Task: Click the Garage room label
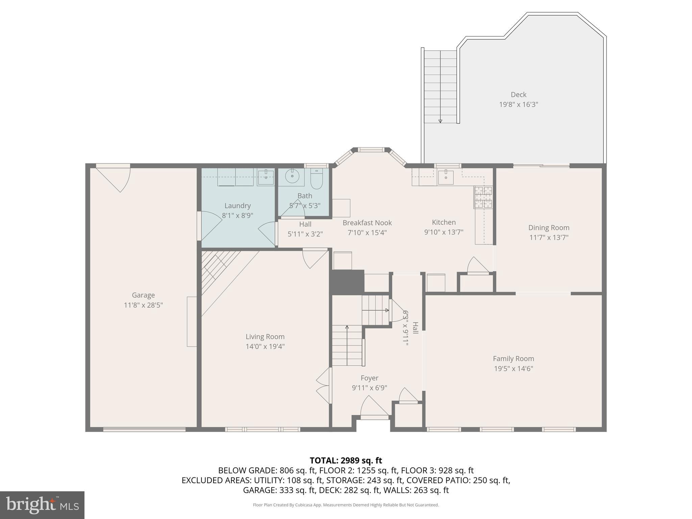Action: (143, 295)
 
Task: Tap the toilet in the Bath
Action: (317, 179)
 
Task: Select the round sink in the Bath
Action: (292, 176)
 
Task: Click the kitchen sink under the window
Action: (446, 177)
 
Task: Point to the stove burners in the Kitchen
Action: (483, 197)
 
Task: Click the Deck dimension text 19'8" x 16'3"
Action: (518, 104)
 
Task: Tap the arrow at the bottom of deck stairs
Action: (440, 121)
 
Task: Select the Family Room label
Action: (513, 359)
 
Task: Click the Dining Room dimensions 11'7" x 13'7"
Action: (549, 238)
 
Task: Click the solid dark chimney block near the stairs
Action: (347, 281)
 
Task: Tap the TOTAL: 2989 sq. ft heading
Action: (346, 460)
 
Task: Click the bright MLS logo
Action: (42, 505)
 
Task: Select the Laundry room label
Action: (238, 205)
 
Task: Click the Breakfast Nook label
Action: (367, 223)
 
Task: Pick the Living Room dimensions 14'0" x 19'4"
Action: (265, 346)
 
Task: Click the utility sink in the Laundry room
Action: (266, 177)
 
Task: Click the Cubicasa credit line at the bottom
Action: (346, 505)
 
